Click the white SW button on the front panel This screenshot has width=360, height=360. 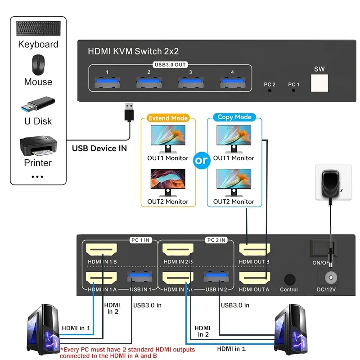click(320, 82)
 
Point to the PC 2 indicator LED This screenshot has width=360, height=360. click(270, 90)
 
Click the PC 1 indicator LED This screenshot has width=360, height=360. click(293, 90)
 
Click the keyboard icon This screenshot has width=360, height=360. click(38, 29)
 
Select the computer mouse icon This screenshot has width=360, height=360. click(38, 65)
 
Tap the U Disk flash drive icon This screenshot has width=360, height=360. click(38, 105)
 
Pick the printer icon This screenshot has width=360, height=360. click(38, 145)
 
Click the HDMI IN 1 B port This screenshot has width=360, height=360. click(102, 250)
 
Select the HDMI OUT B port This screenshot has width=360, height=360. click(255, 250)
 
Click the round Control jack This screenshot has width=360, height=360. click(289, 279)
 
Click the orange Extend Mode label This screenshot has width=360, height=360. click(168, 118)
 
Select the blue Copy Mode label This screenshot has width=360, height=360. click(234, 117)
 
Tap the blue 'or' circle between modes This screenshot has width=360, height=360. click(202, 160)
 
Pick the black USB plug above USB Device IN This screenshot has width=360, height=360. click(129, 112)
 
